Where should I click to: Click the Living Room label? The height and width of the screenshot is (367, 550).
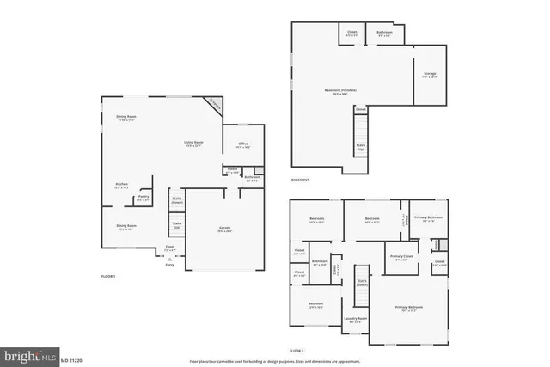(x=192, y=143)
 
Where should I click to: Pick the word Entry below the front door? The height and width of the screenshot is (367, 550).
(x=168, y=266)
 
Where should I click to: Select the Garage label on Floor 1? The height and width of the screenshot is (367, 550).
(x=224, y=228)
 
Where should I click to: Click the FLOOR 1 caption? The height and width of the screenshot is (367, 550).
(x=108, y=276)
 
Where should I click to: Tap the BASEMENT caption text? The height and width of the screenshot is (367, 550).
(x=300, y=180)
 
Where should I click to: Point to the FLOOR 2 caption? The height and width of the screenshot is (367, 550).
(x=296, y=352)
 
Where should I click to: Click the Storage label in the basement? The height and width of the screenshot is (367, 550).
(x=430, y=74)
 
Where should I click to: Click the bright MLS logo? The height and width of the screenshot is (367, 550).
(x=30, y=355)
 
